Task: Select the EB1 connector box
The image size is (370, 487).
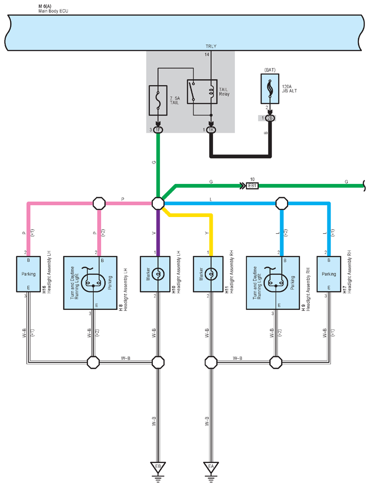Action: pos(252,186)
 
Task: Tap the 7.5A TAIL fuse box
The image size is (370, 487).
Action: pos(158,100)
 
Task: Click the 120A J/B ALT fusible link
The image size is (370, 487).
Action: pos(270,88)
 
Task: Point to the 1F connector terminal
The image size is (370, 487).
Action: pos(158,130)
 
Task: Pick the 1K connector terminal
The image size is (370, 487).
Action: pos(211,130)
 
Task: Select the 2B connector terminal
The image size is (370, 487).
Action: pos(270,118)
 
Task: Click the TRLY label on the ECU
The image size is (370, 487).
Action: pos(211,46)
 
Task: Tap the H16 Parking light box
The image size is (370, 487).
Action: pos(28,274)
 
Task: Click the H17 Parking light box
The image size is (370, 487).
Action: pos(329,274)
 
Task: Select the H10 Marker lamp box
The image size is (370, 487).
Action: pos(155,274)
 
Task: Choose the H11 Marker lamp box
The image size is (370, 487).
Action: pos(208,274)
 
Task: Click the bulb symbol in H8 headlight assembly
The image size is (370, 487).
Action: pos(93,281)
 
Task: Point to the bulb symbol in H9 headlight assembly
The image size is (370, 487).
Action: pos(276,281)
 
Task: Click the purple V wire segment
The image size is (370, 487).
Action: pos(158,233)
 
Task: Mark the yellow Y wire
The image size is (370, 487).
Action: pos(211,233)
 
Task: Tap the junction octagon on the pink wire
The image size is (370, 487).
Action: pos(99,203)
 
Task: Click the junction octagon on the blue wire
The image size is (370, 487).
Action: pos(282,203)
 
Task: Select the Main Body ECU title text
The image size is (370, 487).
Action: pos(53,11)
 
